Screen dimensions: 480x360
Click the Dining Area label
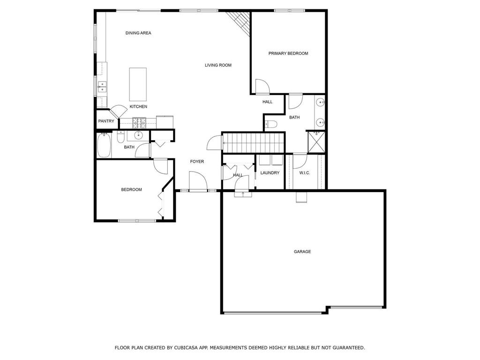(138, 33)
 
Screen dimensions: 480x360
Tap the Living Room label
(218, 65)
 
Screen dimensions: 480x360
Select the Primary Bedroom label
(288, 53)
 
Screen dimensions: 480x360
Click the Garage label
(302, 252)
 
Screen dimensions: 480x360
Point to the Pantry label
(106, 121)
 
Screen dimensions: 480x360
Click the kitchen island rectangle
(138, 84)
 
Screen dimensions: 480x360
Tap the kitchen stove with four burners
(139, 123)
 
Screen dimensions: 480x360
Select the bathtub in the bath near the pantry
(104, 145)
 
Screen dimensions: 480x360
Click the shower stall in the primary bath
(316, 142)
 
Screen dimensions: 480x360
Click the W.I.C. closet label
(305, 173)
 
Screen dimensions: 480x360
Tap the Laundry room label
(270, 173)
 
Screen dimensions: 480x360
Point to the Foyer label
(197, 162)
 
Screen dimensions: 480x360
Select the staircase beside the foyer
(253, 142)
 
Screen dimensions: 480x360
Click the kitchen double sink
(102, 87)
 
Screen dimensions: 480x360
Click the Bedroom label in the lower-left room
(131, 190)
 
